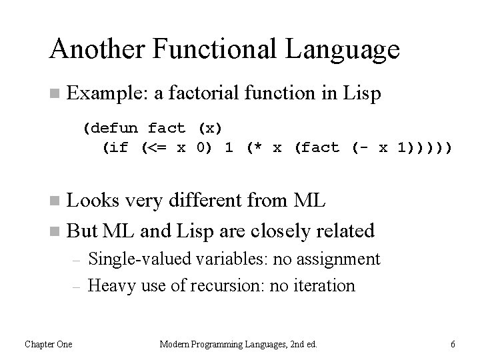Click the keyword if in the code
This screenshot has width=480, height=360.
[x=118, y=148]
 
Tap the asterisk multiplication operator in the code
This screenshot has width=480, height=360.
[x=257, y=148]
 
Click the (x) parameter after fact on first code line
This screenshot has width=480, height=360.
[x=210, y=127]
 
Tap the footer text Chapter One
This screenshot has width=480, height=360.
[x=49, y=344]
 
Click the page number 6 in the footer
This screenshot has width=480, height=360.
[x=453, y=344]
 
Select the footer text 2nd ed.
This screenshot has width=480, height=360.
[x=301, y=344]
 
